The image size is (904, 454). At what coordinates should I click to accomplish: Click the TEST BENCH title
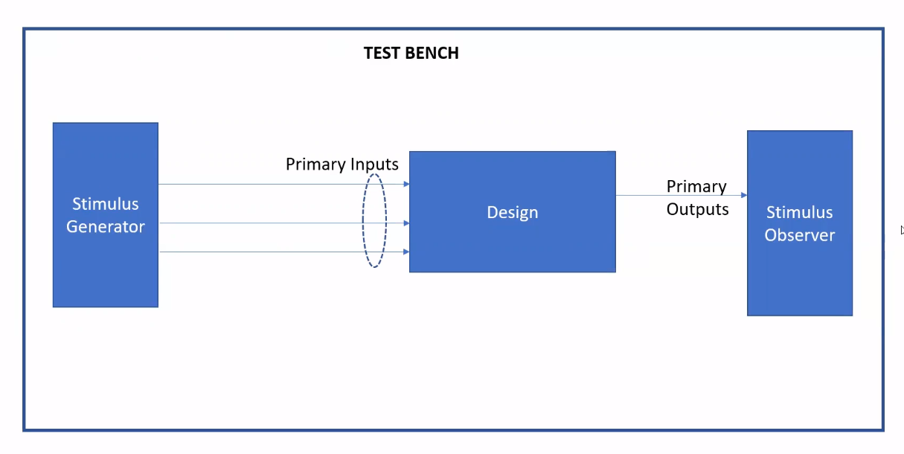coord(411,53)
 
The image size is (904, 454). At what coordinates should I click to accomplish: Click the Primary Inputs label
coord(342,164)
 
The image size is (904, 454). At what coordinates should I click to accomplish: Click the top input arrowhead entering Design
coord(406,184)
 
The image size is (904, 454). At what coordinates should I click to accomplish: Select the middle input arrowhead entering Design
coord(406,223)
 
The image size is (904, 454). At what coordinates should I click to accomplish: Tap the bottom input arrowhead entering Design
coord(406,252)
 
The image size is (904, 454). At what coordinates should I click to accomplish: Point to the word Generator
coord(105,227)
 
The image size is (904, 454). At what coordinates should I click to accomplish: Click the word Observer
coord(800,235)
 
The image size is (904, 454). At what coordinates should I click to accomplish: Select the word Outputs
coord(697,210)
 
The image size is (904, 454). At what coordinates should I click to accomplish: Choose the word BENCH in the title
coord(433,53)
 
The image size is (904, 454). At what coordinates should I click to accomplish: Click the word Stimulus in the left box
coord(105,204)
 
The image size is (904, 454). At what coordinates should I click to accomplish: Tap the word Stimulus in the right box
coord(799,212)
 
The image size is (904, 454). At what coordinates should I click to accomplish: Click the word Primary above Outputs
coord(696,186)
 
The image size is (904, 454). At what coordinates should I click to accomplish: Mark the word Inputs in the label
coord(374,164)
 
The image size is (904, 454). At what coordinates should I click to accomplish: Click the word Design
coord(512,212)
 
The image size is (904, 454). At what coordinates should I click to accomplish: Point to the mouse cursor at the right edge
coord(902,230)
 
